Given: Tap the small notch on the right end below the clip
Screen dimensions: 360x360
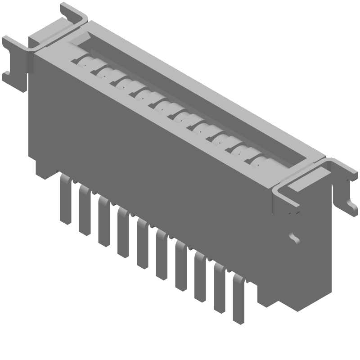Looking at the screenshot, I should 295,237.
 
